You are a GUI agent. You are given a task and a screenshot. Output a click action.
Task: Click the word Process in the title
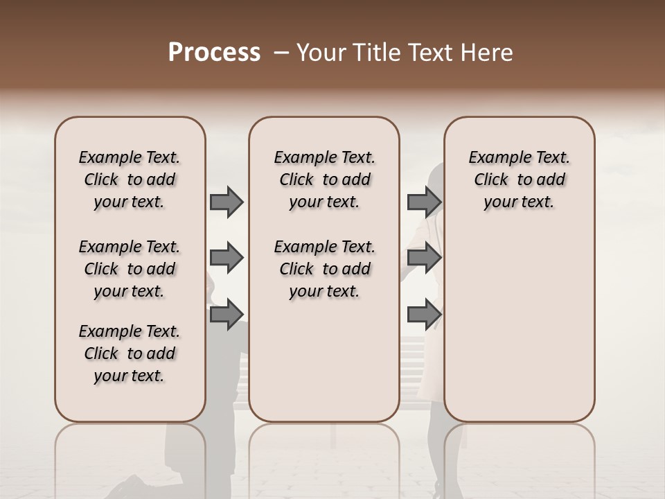coord(214,53)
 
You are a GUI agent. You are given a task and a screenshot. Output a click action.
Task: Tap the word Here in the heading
coord(487,53)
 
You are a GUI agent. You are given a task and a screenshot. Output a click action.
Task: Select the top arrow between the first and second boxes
coord(227,202)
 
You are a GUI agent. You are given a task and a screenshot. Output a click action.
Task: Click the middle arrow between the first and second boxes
coord(227,258)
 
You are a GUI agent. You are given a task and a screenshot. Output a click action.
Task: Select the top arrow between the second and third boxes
coord(424,202)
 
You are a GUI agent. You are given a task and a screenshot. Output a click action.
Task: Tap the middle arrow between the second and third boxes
coord(424,258)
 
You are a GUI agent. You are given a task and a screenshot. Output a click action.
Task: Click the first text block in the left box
coord(130,180)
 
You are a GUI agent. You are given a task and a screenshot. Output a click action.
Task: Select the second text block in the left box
coord(130,269)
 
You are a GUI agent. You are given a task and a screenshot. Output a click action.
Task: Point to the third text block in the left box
coord(130,353)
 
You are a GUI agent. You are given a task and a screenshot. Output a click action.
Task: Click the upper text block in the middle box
coord(324,180)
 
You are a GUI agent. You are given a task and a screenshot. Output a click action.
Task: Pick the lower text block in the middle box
coord(324,269)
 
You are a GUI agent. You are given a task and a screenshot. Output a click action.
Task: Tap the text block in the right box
coord(519,180)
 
